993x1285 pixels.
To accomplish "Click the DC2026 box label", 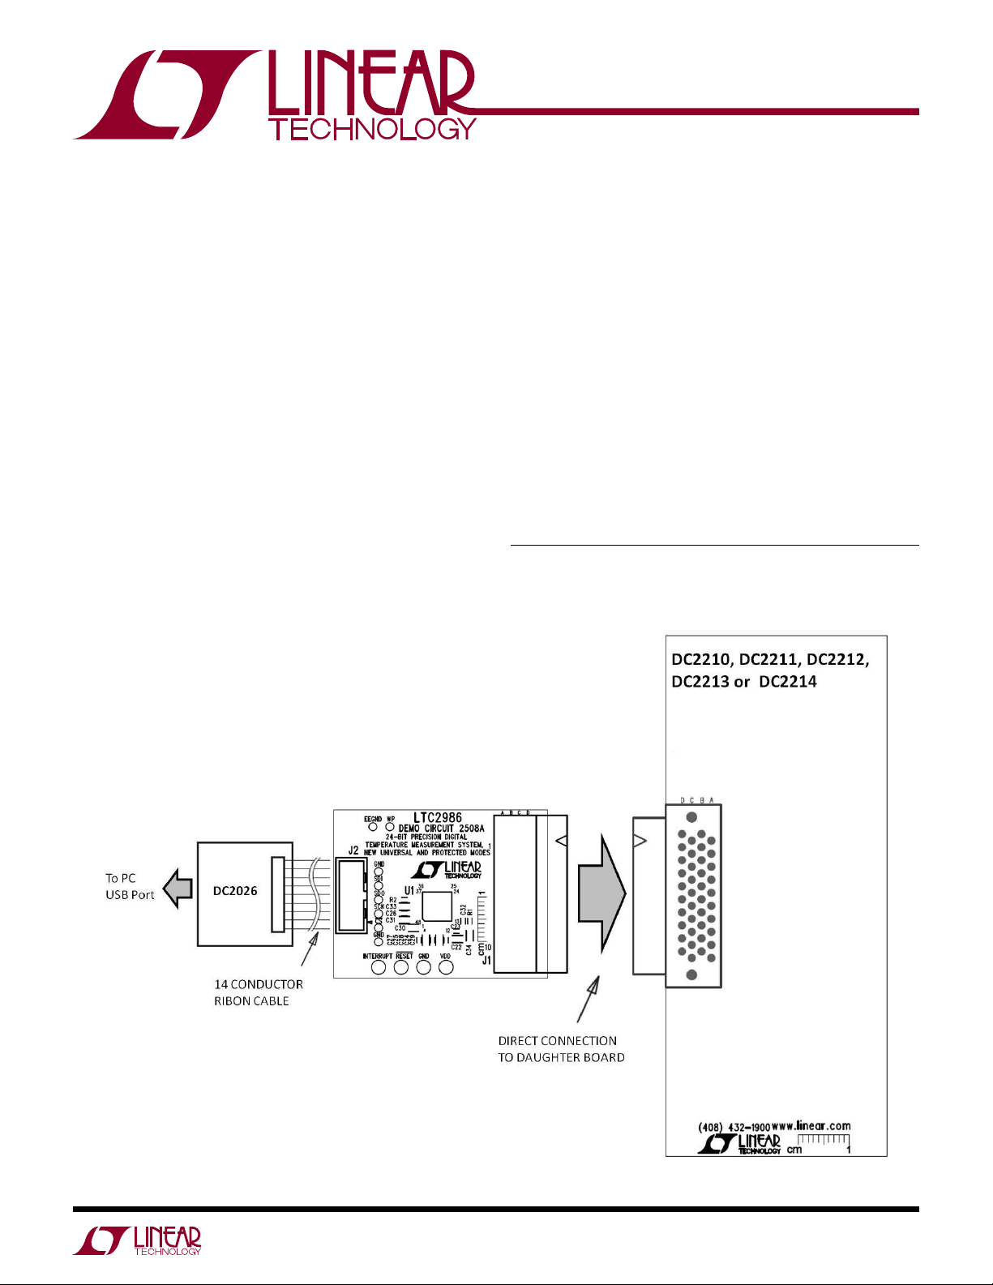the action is [235, 891].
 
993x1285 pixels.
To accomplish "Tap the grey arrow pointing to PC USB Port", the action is [178, 889].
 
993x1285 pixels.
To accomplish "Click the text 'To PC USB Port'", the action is [130, 887].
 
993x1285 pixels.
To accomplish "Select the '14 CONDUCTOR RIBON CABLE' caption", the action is [258, 992].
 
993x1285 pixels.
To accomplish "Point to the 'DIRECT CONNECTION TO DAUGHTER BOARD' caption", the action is [561, 1049].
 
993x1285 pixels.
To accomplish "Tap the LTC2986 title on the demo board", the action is [438, 819].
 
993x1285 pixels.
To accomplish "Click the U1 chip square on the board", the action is [436, 906].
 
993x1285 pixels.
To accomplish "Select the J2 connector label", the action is [353, 850].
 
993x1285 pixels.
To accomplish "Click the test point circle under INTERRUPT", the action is [378, 967].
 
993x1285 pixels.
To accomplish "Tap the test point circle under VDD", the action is [446, 967].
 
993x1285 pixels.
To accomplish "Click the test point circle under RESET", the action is [401, 967].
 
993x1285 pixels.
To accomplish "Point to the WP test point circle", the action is [390, 827].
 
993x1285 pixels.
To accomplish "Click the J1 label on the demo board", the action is [486, 961].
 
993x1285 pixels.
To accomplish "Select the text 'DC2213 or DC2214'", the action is [743, 682].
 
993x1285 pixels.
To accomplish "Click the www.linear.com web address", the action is [811, 1125].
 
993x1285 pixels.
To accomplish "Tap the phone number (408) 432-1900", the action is [734, 1127].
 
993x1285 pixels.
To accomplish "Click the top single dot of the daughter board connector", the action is [691, 817].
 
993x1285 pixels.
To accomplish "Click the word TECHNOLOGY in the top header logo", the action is [372, 130].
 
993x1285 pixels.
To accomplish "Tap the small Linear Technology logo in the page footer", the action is [138, 1241].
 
